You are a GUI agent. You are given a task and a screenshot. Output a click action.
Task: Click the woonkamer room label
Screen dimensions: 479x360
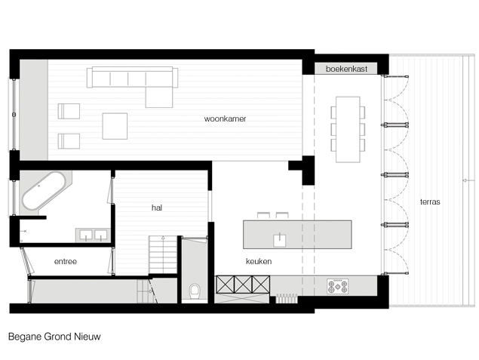tap(225, 118)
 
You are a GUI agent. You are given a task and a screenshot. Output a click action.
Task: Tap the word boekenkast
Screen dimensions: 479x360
tap(346, 69)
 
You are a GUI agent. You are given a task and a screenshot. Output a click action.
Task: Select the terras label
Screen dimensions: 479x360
tap(430, 202)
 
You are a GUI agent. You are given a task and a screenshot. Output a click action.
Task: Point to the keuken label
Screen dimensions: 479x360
tap(259, 261)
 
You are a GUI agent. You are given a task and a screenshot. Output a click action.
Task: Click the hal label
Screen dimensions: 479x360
tap(157, 208)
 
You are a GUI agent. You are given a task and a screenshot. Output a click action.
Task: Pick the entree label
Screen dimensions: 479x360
tap(66, 262)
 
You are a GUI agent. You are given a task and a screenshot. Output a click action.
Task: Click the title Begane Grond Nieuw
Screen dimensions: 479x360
tap(54, 337)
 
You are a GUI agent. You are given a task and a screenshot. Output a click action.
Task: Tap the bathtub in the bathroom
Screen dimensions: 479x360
tap(44, 191)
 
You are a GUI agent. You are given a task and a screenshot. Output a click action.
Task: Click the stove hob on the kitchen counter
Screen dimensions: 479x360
tap(337, 286)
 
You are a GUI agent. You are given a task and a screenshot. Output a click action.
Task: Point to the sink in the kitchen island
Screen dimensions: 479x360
tap(280, 240)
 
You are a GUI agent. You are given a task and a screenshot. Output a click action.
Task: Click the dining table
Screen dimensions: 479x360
tap(348, 129)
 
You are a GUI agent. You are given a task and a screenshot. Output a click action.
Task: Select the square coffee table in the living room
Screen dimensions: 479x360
tap(115, 126)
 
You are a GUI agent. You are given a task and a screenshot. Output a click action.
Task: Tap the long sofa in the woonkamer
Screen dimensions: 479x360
tap(132, 77)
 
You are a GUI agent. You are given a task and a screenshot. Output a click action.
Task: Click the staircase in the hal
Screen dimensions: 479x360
tap(163, 254)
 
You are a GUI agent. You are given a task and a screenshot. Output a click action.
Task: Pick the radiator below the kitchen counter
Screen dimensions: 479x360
tap(287, 298)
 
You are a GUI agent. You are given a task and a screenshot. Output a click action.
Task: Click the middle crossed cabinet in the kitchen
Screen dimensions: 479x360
tap(243, 285)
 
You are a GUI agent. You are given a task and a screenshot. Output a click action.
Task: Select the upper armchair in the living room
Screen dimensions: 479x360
tap(69, 111)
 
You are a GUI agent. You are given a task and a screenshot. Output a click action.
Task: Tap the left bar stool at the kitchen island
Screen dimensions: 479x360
tap(263, 215)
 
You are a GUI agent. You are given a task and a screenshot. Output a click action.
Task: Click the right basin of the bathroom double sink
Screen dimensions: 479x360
tap(100, 235)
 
